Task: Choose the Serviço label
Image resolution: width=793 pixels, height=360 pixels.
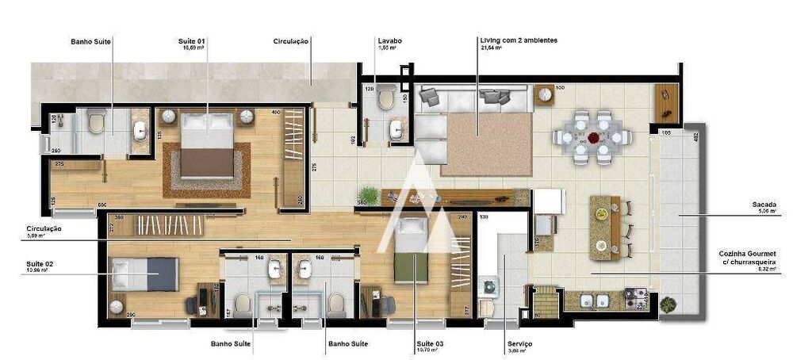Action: (x=520, y=343)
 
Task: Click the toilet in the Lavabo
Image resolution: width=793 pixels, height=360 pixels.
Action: (x=386, y=99)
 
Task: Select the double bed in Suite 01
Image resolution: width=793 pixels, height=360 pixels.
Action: (x=208, y=143)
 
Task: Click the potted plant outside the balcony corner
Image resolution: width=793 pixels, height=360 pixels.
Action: (x=668, y=304)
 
